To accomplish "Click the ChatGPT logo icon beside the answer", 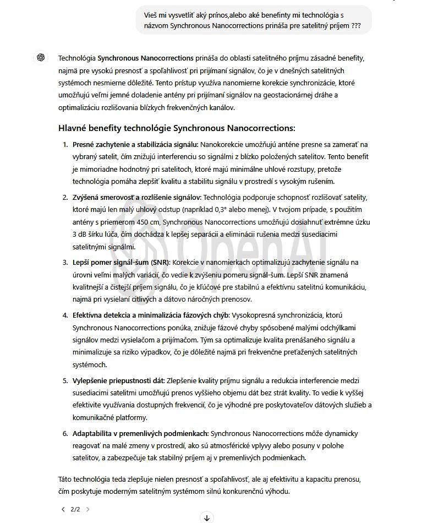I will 40,58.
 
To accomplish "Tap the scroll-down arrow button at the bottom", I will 207,517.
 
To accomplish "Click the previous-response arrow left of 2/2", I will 63,509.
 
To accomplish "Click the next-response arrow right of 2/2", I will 88,509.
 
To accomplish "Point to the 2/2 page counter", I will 75,509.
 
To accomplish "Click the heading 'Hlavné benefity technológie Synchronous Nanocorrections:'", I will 177,128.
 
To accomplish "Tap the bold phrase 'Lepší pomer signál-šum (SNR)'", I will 121,263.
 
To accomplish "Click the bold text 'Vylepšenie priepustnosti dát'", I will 118,380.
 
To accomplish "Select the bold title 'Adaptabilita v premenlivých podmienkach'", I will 140,433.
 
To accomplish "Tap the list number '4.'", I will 65,315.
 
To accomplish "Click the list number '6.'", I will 65,433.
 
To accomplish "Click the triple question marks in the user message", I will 356,25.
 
